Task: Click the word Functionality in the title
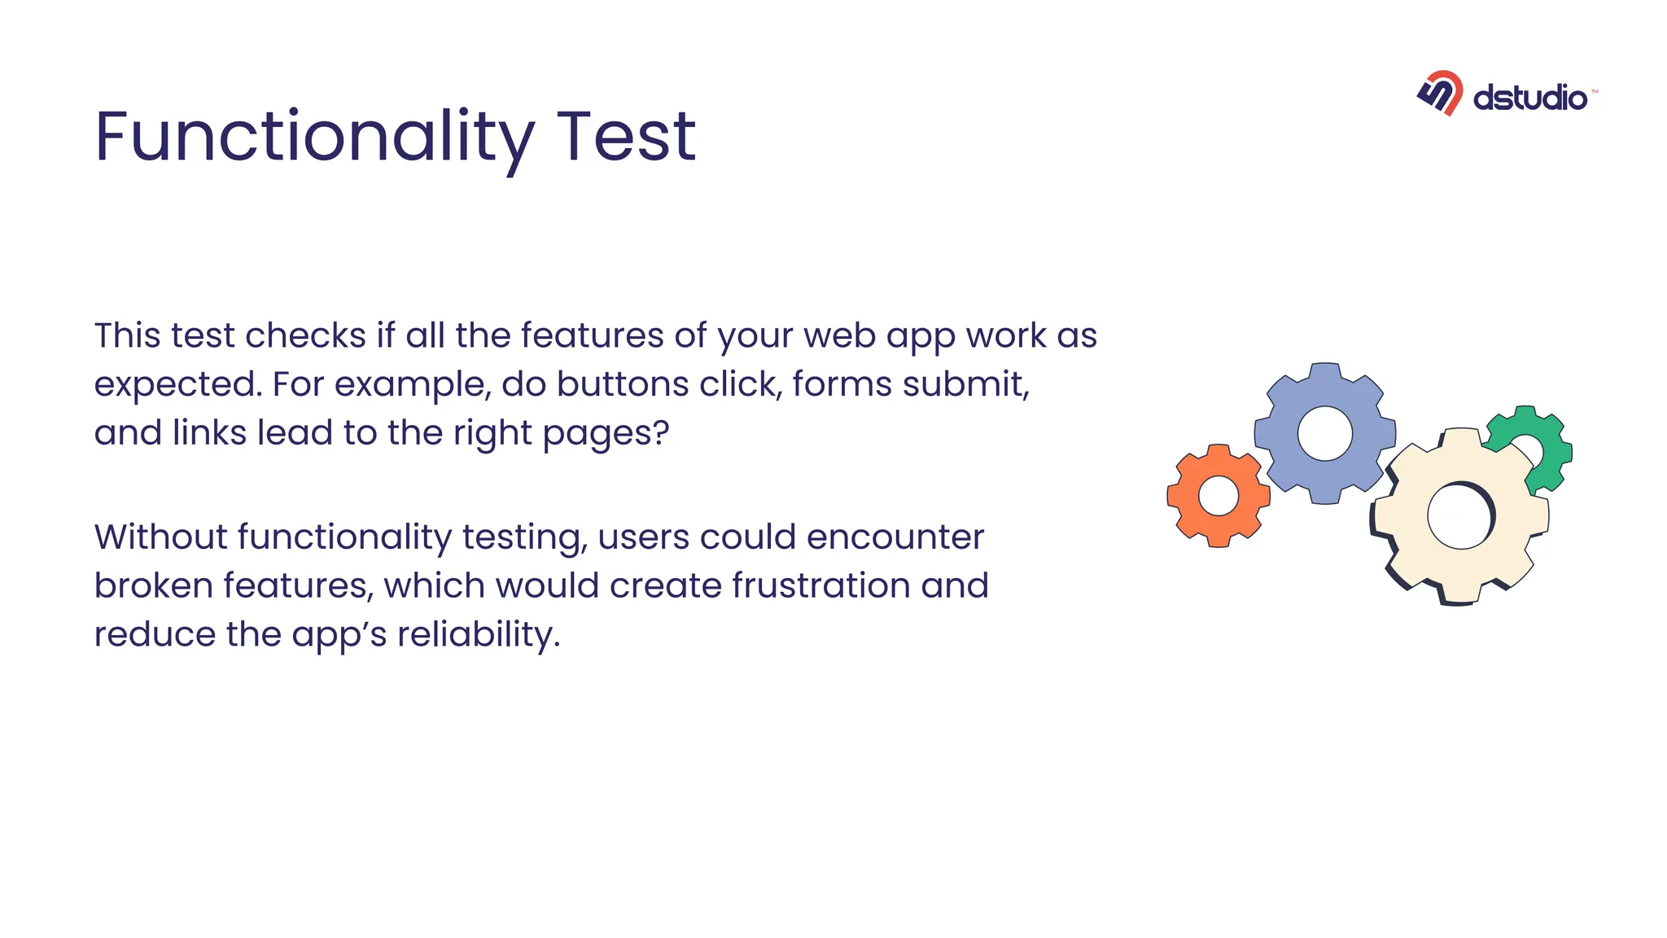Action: pyautogui.click(x=314, y=137)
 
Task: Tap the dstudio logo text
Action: pyautogui.click(x=1529, y=99)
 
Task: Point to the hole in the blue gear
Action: pyautogui.click(x=1324, y=433)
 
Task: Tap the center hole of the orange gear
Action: pyautogui.click(x=1219, y=496)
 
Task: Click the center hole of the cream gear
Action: pyautogui.click(x=1459, y=516)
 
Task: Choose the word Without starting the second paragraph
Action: pyautogui.click(x=160, y=537)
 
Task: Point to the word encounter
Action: pyautogui.click(x=895, y=537)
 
